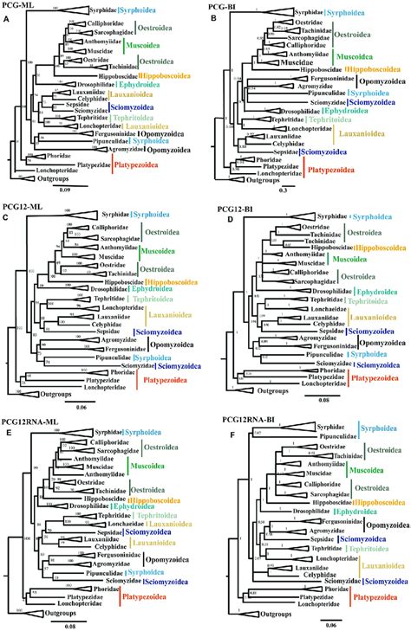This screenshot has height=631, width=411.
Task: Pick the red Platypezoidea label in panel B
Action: (355, 172)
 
